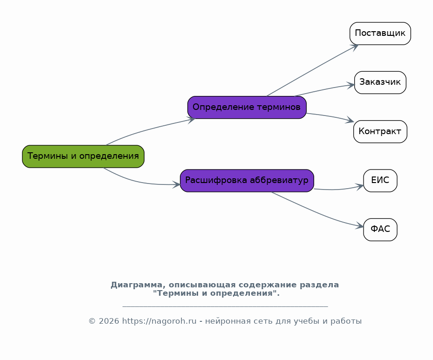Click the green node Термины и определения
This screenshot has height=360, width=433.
(x=83, y=156)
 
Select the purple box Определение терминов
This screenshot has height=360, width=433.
(x=247, y=107)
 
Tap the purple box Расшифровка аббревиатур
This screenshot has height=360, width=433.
(x=247, y=181)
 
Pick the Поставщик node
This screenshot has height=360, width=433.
(x=380, y=34)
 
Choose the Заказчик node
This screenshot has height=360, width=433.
(x=380, y=82)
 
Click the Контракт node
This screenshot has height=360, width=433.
(x=380, y=132)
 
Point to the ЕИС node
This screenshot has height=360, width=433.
(x=380, y=181)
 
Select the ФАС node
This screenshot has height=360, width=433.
(x=380, y=230)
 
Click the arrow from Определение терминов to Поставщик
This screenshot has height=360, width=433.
(x=313, y=70)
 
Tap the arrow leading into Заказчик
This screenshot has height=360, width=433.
(x=324, y=89)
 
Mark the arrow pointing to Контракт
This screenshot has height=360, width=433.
(x=330, y=116)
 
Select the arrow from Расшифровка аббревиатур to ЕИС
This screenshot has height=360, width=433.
(x=339, y=189)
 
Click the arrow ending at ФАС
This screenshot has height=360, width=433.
(x=317, y=213)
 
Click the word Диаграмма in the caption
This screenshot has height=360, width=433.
(x=137, y=285)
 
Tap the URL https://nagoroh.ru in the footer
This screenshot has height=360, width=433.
(x=159, y=321)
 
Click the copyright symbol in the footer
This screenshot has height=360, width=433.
(x=92, y=321)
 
